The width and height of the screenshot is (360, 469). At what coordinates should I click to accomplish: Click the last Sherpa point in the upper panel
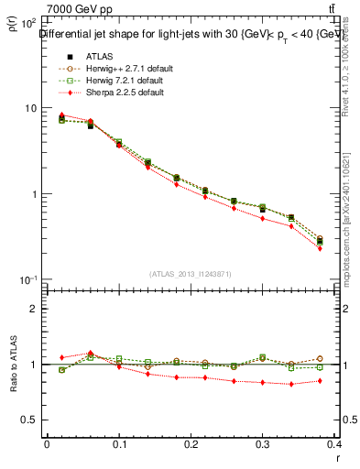point(320,248)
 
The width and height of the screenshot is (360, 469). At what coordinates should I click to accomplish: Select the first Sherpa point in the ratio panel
point(61,357)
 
